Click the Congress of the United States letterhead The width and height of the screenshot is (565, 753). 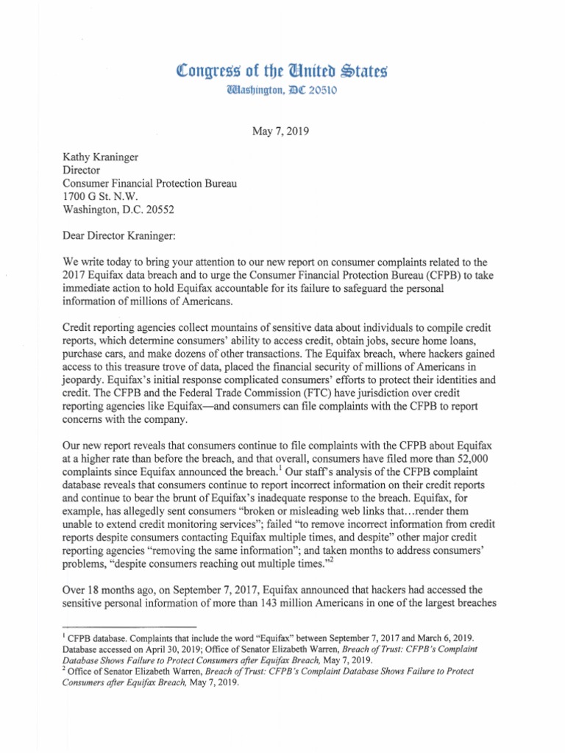(282, 72)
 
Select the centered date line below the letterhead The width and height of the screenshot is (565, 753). (282, 133)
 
